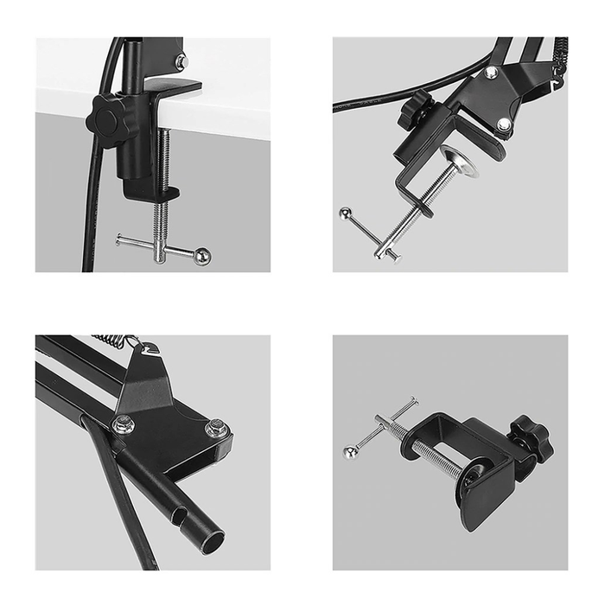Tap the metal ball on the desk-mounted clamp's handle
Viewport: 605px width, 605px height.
click(201, 256)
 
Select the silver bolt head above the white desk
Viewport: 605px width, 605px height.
click(181, 61)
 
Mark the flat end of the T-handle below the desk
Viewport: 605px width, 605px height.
click(120, 241)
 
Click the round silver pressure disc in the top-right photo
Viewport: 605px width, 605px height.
click(458, 162)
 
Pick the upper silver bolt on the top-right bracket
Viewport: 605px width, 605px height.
click(490, 73)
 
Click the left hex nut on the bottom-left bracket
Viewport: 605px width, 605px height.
click(124, 423)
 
